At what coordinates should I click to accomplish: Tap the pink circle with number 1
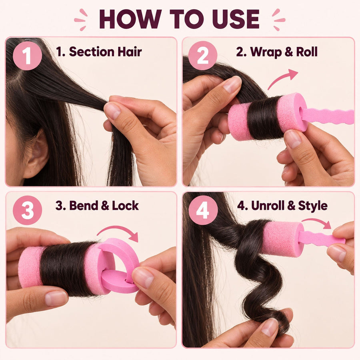click(x=27, y=56)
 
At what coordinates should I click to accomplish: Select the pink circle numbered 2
click(x=203, y=56)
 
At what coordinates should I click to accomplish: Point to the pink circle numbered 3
click(x=27, y=210)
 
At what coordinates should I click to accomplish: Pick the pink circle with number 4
click(x=203, y=210)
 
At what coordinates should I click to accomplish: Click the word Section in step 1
click(x=92, y=52)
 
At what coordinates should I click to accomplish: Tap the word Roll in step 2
click(x=307, y=52)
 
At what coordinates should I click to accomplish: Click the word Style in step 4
click(x=313, y=206)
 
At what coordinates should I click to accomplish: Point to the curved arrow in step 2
click(x=281, y=78)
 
